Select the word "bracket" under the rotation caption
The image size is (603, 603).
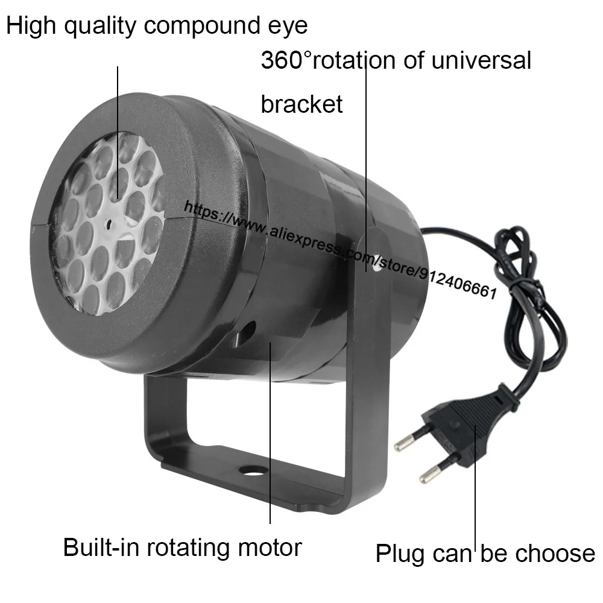click(x=301, y=104)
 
